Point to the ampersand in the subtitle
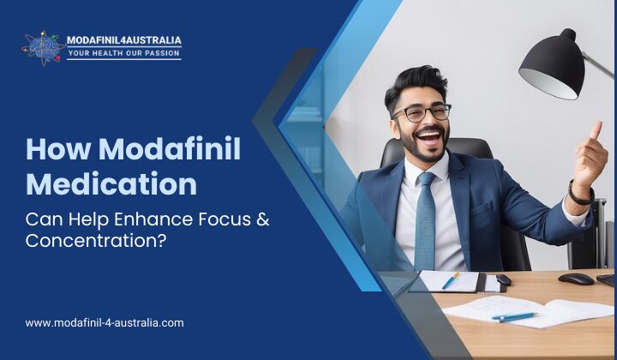pos(262,219)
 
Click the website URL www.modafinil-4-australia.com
pos(105,323)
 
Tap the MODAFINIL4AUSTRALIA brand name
pos(123,40)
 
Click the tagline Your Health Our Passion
pos(123,54)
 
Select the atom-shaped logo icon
pos(42,47)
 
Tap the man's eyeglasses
pos(422,112)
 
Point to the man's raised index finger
pos(596,130)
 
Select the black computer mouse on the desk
pos(576,279)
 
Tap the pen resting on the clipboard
pos(451,279)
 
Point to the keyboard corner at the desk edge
pos(607,279)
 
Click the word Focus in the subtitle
pos(211,219)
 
